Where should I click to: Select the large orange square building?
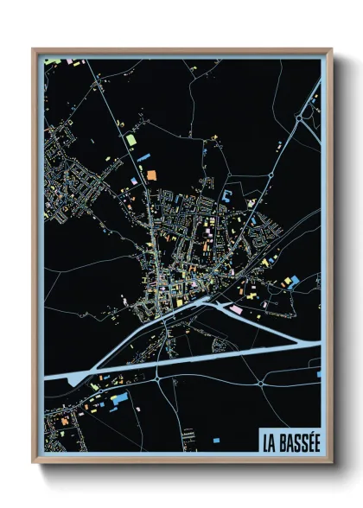pyautogui.click(x=151, y=175)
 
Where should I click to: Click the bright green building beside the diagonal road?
pyautogui.click(x=131, y=139)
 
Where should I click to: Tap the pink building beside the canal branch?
pyautogui.click(x=235, y=308)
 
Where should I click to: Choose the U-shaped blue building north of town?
pyautogui.click(x=226, y=196)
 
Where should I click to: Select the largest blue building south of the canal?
pyautogui.click(x=119, y=398)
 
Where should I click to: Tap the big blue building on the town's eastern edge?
pyautogui.click(x=292, y=281)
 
